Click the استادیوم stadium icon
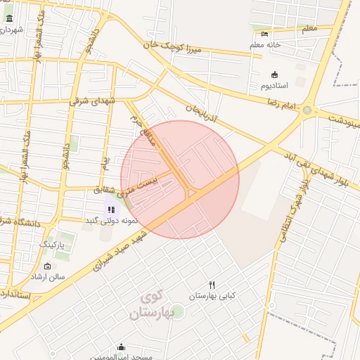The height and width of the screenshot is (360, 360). [x=274, y=75]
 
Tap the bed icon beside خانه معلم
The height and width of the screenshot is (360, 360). [x=264, y=34]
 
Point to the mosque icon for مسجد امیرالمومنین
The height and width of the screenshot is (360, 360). [x=122, y=347]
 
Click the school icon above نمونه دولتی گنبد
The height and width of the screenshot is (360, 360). [x=111, y=209]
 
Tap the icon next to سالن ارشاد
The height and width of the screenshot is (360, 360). [x=47, y=266]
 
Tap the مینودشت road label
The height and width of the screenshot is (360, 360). [x=342, y=119]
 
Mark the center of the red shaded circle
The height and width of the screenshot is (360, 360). [x=180, y=179]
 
